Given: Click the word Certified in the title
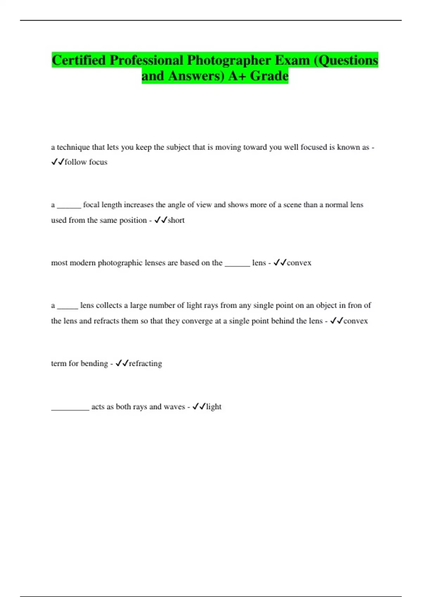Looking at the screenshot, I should pos(79,60).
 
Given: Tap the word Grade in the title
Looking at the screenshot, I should pos(269,76).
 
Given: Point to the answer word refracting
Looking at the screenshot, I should pos(145,363).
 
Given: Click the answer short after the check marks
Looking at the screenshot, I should pos(176,220).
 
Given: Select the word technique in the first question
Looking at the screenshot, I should pos(73,147).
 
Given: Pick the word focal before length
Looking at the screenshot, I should pos(91,205).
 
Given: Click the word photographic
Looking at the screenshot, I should pos(130,263).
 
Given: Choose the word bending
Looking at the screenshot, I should pos(94,363).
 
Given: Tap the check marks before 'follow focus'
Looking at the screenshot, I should pos(58,162).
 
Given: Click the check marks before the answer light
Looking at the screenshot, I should pos(199,407).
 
